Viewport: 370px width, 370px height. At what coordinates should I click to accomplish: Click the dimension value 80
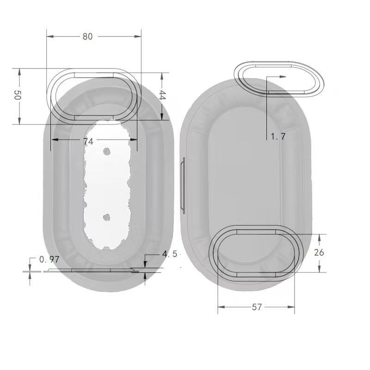87,37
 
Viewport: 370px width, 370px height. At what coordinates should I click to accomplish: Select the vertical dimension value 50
17,95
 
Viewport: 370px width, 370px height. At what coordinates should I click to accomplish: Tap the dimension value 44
162,95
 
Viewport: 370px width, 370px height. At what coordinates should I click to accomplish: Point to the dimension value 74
88,142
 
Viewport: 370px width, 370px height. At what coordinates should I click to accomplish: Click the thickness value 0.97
49,259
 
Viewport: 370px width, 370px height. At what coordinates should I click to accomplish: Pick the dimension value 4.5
170,254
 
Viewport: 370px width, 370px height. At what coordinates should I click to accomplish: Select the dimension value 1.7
278,136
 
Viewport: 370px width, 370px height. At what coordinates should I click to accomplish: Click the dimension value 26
319,253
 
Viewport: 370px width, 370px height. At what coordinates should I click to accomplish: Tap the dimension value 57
257,307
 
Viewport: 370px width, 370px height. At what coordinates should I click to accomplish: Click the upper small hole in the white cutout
107,152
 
